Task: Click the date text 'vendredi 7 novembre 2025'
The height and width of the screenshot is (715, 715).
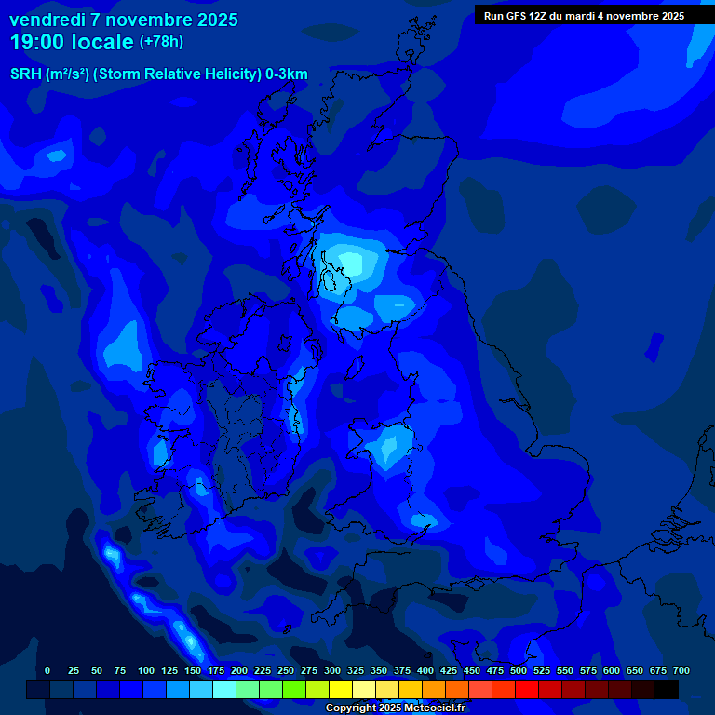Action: [x=124, y=20]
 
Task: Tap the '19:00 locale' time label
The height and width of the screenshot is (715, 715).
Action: [x=72, y=42]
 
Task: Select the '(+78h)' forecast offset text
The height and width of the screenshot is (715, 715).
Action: [x=161, y=42]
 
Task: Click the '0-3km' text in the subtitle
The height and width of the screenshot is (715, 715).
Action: [x=287, y=74]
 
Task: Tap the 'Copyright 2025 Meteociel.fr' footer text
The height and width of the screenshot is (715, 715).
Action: [x=395, y=708]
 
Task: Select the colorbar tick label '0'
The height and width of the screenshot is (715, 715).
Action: [x=47, y=671]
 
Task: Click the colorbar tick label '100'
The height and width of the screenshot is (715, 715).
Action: [x=146, y=671]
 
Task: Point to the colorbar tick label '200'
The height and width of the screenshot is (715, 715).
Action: [x=239, y=671]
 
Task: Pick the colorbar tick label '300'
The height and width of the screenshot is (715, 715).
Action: [x=332, y=671]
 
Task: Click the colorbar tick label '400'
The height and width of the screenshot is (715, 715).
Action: [x=425, y=671]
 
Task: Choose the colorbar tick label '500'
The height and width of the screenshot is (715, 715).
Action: [x=519, y=671]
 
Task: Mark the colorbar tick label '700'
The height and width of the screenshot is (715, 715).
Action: [x=681, y=671]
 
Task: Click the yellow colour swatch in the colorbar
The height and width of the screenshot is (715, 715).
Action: [x=341, y=689]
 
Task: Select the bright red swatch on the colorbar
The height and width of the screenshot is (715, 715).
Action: [x=527, y=689]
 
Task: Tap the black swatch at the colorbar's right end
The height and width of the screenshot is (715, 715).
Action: [x=667, y=689]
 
